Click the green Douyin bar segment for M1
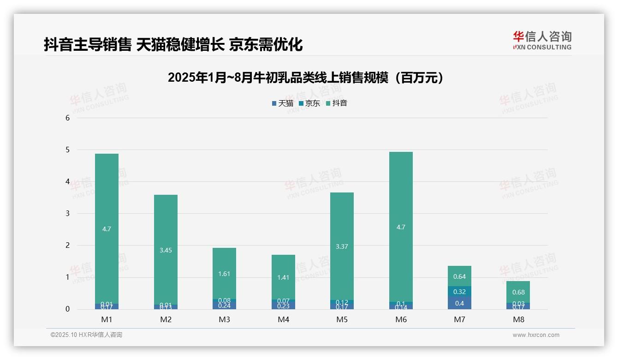tap(107, 194)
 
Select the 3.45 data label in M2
tap(166, 250)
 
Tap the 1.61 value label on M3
tap(224, 274)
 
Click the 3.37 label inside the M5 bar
tap(342, 246)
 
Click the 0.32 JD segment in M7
tap(459, 292)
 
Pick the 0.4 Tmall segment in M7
tap(459, 303)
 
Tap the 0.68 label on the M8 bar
tap(518, 292)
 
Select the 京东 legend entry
tap(309, 103)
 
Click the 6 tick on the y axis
tap(68, 118)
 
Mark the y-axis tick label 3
tap(68, 213)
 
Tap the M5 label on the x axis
tap(342, 319)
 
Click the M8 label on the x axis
tap(518, 319)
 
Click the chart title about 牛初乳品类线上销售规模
tap(305, 78)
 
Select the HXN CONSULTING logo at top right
tap(542, 41)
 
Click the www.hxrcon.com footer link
tap(536, 335)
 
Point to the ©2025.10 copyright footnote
tap(86, 335)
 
